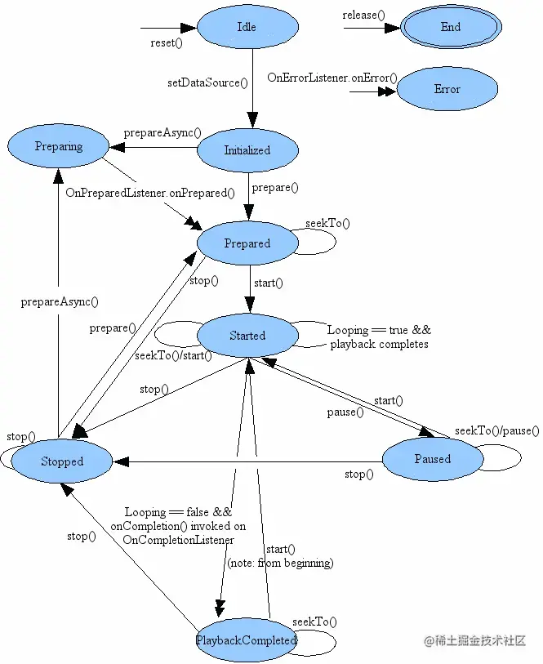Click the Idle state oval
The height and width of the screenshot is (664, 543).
click(247, 27)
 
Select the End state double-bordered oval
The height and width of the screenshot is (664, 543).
click(451, 27)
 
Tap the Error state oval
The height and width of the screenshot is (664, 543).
click(447, 89)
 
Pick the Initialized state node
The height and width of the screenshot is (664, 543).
click(247, 150)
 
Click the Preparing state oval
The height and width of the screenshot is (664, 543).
click(59, 147)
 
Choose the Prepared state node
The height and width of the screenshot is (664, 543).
click(247, 243)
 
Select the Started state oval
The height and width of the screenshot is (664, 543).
click(247, 336)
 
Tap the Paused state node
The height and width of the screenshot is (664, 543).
click(432, 459)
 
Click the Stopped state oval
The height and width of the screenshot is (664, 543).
click(62, 461)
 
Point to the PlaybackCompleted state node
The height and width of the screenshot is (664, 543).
click(247, 640)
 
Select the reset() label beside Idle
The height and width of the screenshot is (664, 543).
click(167, 42)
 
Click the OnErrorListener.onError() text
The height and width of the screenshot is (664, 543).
click(332, 78)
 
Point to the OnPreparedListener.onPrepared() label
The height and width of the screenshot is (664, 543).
click(150, 194)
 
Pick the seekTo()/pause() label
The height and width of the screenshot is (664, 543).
click(497, 430)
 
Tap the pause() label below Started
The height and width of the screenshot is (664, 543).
click(345, 412)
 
